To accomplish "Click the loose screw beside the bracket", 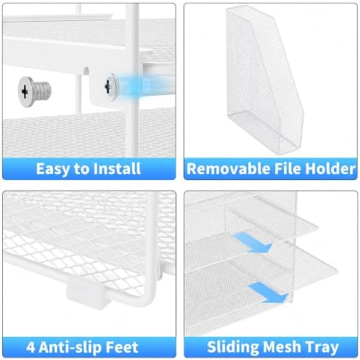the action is coord(35,91).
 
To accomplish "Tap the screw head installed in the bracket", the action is coord(111,86).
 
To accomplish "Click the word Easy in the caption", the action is coord(53,169).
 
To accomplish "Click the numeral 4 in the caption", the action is coord(30,348).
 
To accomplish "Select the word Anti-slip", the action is coord(70,348).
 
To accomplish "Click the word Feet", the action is coord(122,348).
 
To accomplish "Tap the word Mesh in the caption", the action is coord(282,347).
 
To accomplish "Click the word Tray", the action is coord(322,348).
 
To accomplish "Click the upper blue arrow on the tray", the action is coord(253,242).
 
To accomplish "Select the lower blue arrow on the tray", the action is coord(268,292).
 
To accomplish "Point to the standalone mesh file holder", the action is coord(264,80).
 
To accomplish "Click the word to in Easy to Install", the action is coord(81,169).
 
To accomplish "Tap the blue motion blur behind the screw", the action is coord(143,86).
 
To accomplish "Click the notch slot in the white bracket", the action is coord(86,70).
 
